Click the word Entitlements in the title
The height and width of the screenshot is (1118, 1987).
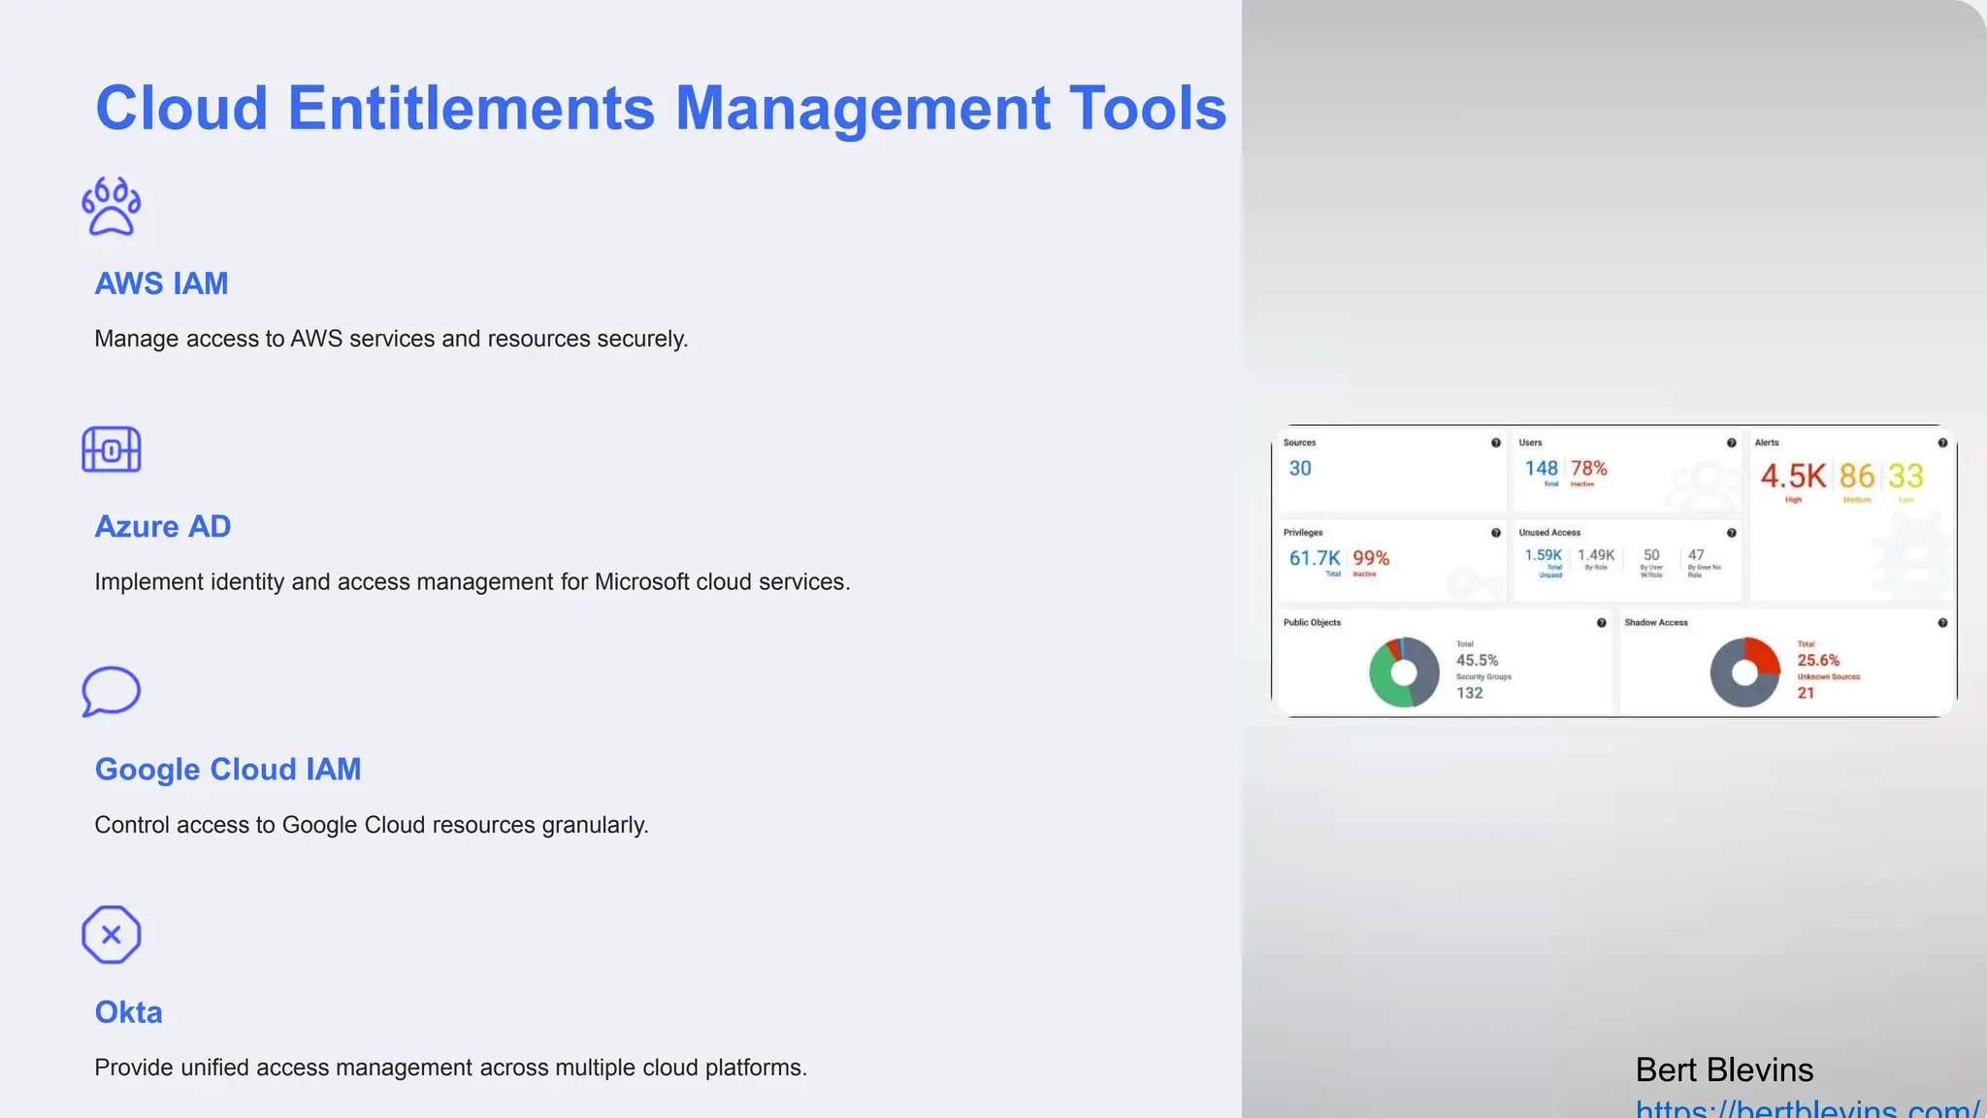point(471,108)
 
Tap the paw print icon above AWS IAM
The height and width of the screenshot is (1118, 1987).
point(112,207)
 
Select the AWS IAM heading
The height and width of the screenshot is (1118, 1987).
point(161,283)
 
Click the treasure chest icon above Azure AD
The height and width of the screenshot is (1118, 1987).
point(112,450)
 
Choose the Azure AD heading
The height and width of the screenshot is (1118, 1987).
point(162,526)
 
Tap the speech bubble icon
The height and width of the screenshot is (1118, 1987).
point(112,691)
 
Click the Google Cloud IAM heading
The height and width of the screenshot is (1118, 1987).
point(228,769)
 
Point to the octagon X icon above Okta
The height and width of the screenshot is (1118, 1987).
point(112,935)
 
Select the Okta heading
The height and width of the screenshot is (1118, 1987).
point(128,1012)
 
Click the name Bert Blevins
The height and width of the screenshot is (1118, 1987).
point(1724,1069)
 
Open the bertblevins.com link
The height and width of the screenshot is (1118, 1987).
point(1808,1108)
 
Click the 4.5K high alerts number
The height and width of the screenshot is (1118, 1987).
point(1792,476)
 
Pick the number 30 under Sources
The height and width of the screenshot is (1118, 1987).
point(1300,468)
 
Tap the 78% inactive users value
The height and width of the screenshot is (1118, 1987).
point(1588,468)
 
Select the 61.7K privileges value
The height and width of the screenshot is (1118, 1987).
point(1314,558)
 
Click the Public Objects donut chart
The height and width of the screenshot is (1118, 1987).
point(1404,672)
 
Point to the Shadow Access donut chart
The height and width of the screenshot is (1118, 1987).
point(1744,672)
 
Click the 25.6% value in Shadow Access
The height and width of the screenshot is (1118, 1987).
point(1818,660)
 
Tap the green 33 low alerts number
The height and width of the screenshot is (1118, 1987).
point(1906,476)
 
